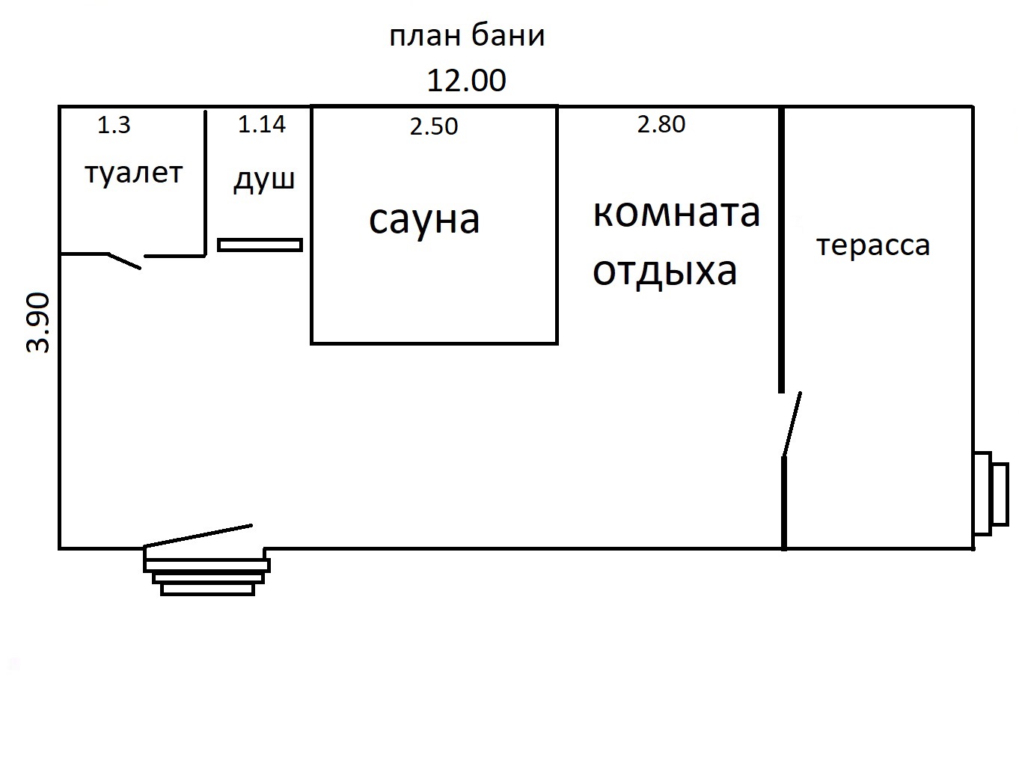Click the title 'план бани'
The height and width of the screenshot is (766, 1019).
click(467, 37)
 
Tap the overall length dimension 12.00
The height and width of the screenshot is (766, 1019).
click(466, 81)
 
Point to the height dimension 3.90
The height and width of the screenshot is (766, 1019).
click(38, 322)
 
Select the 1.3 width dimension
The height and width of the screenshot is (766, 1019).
click(114, 125)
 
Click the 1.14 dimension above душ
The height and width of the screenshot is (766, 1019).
click(262, 124)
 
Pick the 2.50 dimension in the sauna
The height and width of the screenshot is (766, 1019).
click(434, 126)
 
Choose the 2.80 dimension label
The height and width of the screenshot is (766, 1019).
click(661, 124)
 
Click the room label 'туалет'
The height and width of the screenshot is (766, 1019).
click(133, 174)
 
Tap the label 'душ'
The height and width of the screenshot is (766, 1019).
click(264, 180)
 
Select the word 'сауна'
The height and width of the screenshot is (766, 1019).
click(424, 220)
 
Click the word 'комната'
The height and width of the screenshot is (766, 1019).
click(676, 212)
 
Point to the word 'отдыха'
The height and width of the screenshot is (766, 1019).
click(665, 271)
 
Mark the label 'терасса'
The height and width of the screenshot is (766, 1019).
click(873, 245)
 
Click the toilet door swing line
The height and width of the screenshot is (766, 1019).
click(125, 260)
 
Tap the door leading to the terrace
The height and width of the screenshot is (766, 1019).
click(792, 424)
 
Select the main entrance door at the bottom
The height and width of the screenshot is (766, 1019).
click(199, 536)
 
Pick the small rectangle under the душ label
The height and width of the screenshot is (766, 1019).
click(260, 245)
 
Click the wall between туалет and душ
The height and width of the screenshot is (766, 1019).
click(205, 183)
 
